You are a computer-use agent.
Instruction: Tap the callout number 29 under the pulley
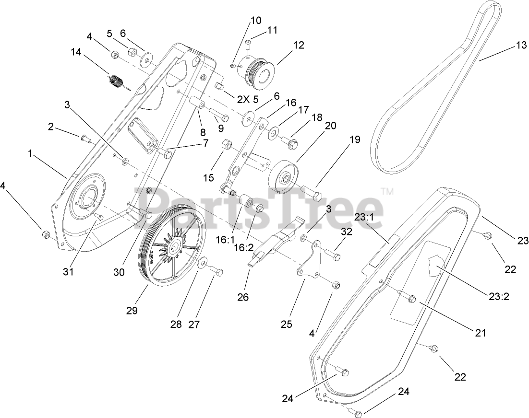pyautogui.click(x=132, y=310)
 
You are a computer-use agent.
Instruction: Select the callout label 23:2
pyautogui.click(x=499, y=296)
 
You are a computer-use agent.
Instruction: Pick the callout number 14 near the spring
pyautogui.click(x=76, y=51)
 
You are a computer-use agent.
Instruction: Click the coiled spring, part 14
pyautogui.click(x=117, y=83)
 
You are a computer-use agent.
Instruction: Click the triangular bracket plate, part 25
pyautogui.click(x=310, y=261)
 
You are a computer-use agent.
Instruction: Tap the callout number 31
pyautogui.click(x=68, y=272)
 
